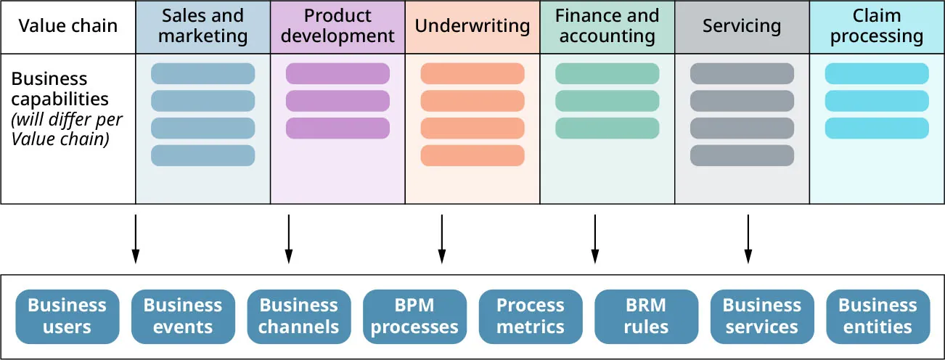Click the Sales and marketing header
pyautogui.click(x=202, y=27)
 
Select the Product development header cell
pyautogui.click(x=337, y=27)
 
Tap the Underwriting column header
pyautogui.click(x=472, y=27)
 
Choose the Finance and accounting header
pyautogui.click(x=607, y=27)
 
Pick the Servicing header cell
pyautogui.click(x=742, y=27)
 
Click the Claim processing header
pyautogui.click(x=877, y=27)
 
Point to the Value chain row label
pyautogui.click(x=68, y=27)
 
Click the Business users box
pyautogui.click(x=67, y=316)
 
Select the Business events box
pyautogui.click(x=183, y=316)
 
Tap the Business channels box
pyautogui.click(x=299, y=316)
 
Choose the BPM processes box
pyautogui.click(x=414, y=316)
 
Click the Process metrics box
pyautogui.click(x=531, y=316)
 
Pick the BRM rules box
pyautogui.click(x=646, y=316)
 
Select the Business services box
pyautogui.click(x=762, y=316)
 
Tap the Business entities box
pyautogui.click(x=877, y=316)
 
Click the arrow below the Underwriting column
pyautogui.click(x=441, y=238)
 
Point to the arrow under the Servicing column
pyautogui.click(x=748, y=238)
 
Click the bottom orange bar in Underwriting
pyautogui.click(x=472, y=155)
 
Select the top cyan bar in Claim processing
pyautogui.click(x=877, y=73)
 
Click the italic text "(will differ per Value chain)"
pyautogui.click(x=67, y=128)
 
